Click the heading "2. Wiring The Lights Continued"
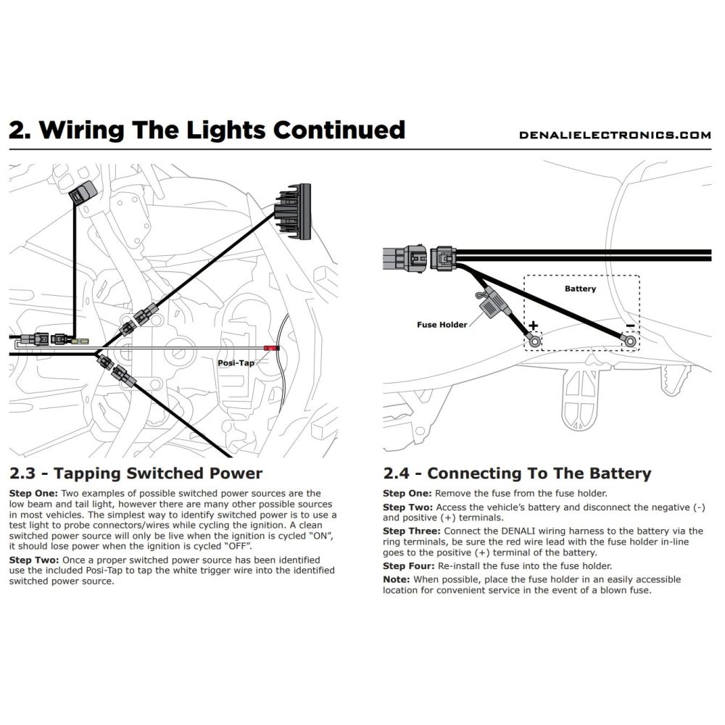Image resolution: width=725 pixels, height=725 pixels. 207,130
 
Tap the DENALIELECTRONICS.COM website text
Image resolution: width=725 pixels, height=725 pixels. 615,135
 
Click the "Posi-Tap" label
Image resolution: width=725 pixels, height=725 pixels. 236,362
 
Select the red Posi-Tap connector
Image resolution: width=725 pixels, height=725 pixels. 272,349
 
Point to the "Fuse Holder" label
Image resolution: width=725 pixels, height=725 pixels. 442,325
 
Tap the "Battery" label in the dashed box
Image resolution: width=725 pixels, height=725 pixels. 580,289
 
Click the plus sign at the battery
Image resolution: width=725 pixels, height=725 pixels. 534,326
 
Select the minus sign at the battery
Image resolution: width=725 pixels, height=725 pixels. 631,326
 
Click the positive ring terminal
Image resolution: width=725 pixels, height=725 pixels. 534,339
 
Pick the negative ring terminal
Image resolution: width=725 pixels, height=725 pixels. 630,339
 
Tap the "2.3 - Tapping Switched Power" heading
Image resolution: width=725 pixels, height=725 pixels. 136,474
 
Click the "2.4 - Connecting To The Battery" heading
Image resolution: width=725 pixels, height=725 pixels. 517,474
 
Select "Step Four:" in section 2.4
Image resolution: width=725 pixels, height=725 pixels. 408,566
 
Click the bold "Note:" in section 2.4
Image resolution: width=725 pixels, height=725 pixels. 396,579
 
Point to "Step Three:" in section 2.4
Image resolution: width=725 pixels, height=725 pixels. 410,531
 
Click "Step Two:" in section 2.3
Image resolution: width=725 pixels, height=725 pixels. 34,561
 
